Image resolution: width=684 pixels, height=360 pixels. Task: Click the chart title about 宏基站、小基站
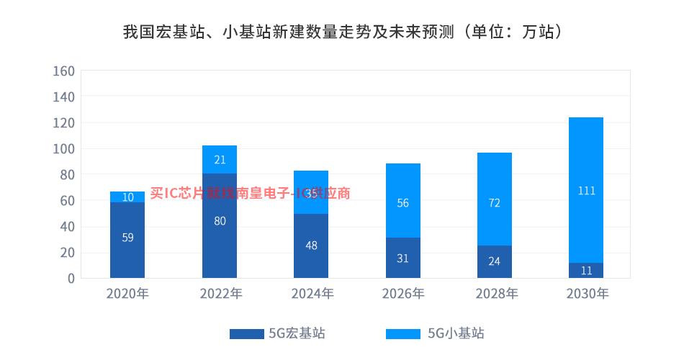pos(342,32)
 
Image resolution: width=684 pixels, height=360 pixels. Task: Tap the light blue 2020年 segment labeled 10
pos(127,197)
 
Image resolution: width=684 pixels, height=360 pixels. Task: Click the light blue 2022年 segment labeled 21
pos(220,159)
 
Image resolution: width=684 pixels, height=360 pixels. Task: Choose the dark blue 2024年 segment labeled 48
pos(311,246)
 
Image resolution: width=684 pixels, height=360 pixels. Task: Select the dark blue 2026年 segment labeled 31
pos(403,258)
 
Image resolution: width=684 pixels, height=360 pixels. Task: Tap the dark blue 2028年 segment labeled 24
pos(495,261)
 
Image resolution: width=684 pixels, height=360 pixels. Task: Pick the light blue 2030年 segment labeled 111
pos(586,190)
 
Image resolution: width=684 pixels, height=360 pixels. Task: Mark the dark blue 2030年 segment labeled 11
pos(586,270)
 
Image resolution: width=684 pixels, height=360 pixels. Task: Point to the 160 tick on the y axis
pos(64,71)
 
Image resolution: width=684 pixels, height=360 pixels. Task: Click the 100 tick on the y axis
pos(64,149)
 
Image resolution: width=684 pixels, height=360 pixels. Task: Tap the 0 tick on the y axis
pos(71,278)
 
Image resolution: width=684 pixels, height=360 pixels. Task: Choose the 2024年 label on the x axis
pos(311,294)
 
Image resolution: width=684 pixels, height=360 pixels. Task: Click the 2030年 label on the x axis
pos(586,294)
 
